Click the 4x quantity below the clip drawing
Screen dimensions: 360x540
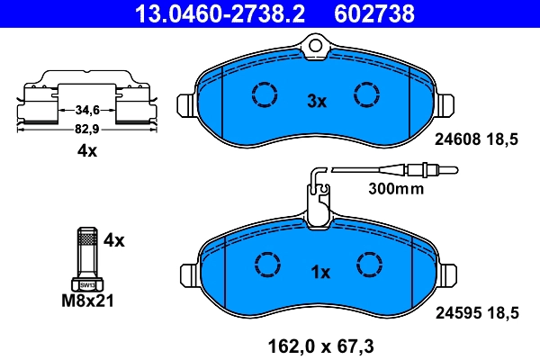coord(85,151)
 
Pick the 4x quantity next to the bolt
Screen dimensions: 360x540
coord(113,240)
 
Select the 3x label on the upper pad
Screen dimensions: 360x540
coord(316,102)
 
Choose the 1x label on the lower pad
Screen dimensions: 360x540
coord(321,272)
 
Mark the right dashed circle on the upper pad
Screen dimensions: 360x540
coord(367,94)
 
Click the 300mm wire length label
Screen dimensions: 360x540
coord(395,189)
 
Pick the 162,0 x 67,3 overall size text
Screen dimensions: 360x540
coord(320,343)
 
